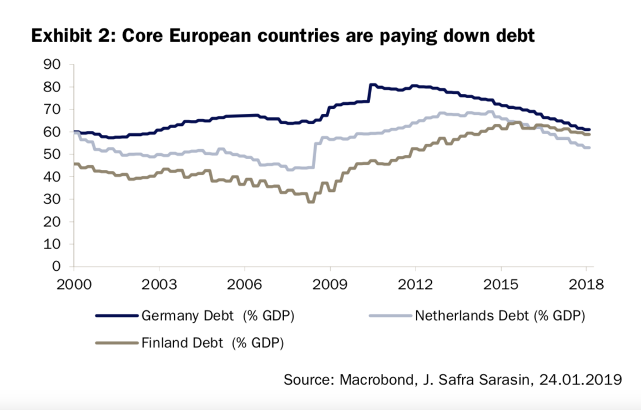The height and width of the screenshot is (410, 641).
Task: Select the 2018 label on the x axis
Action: click(x=586, y=285)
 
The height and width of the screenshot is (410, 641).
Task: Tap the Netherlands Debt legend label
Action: click(x=499, y=317)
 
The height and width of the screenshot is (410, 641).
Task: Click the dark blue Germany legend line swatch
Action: click(x=117, y=316)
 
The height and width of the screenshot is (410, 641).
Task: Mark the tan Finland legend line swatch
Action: click(x=117, y=343)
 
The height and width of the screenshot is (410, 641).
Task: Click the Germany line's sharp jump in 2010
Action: click(x=370, y=93)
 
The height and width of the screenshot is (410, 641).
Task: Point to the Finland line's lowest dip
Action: click(x=311, y=202)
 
